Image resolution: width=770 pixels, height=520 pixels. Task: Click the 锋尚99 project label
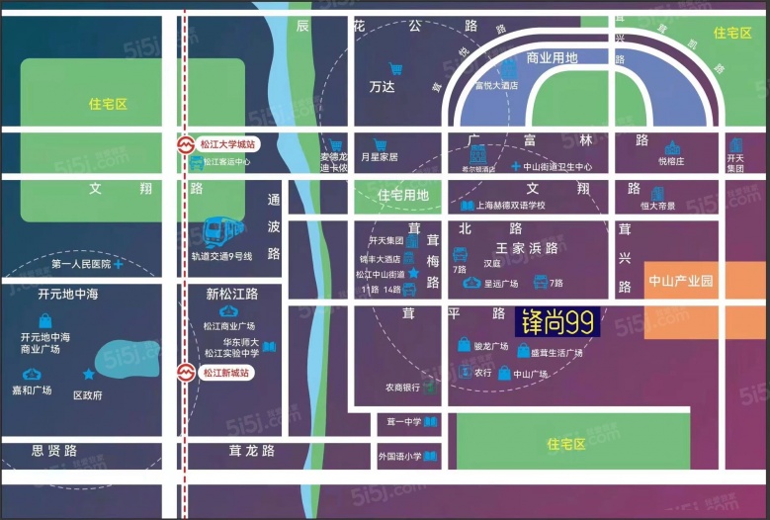pyautogui.click(x=556, y=323)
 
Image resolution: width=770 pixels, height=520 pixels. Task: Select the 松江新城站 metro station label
pyautogui.click(x=225, y=373)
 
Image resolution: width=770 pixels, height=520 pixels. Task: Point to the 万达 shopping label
pyautogui.click(x=382, y=87)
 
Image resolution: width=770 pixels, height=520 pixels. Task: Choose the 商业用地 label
pyautogui.click(x=552, y=58)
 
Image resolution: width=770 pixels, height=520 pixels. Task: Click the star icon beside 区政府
pyautogui.click(x=89, y=375)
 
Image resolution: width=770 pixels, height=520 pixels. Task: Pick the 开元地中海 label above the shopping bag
pyautogui.click(x=68, y=294)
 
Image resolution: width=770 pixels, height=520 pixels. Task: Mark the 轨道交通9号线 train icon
pyautogui.click(x=224, y=232)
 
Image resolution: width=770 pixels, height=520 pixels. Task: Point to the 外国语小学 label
pyautogui.click(x=399, y=457)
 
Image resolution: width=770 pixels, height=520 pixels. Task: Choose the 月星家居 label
pyautogui.click(x=379, y=157)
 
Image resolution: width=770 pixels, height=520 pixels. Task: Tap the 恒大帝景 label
pyautogui.click(x=657, y=206)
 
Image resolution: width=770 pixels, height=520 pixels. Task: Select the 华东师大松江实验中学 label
pyautogui.click(x=231, y=347)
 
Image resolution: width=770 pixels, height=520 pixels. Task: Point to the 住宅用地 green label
pyautogui.click(x=403, y=196)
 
